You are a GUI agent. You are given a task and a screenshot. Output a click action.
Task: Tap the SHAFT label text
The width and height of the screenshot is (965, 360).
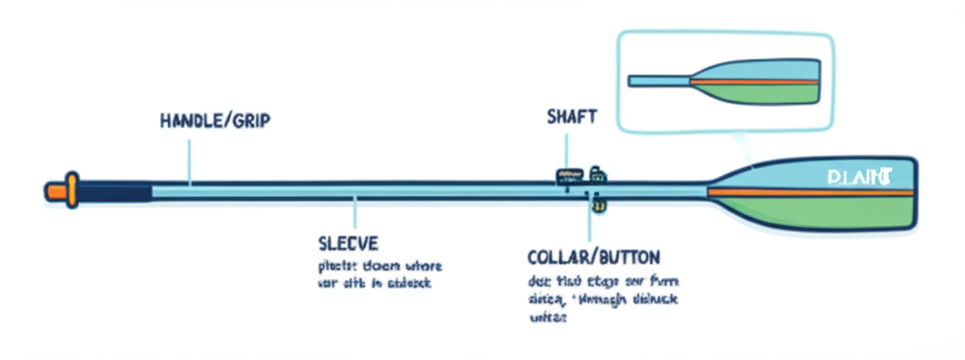coord(571,117)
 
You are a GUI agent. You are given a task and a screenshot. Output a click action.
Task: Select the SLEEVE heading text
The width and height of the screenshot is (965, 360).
coord(348,241)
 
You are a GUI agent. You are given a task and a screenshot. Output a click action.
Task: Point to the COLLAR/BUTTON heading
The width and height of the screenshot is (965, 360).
coord(594,256)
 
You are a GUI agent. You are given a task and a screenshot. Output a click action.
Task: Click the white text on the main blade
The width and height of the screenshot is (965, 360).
coord(859,176)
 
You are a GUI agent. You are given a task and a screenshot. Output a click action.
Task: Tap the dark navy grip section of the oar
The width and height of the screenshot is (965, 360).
coord(113,192)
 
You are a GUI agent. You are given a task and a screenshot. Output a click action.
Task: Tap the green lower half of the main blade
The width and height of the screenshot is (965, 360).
coord(829,212)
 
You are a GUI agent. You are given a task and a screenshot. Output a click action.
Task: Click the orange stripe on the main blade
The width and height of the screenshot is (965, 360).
coord(810,192)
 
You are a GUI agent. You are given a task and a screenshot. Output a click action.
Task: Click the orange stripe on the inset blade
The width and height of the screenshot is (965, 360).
coord(763,81)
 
